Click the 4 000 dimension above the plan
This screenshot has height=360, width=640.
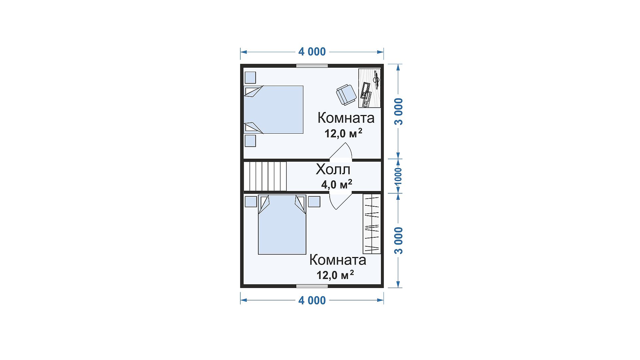tap(312, 52)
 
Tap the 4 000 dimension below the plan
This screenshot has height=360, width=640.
tap(312, 300)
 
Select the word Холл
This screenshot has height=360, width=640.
tap(333, 169)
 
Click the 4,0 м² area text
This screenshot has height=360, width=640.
tap(337, 184)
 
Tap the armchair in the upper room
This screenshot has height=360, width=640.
tap(346, 95)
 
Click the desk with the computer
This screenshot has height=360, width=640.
tap(370, 88)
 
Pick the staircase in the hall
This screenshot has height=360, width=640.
tap(265, 176)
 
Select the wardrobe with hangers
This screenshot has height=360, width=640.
tap(372, 224)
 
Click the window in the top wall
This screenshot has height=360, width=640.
tap(312, 66)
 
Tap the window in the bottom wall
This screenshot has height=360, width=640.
tap(312, 286)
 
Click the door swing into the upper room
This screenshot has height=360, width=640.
tap(341, 152)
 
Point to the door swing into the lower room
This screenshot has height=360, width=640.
tap(341, 200)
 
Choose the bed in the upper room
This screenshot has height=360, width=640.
tap(273, 110)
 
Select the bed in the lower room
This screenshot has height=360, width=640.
tap(282, 225)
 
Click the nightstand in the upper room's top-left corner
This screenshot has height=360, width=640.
tap(250, 78)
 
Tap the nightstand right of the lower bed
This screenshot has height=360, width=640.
tap(314, 202)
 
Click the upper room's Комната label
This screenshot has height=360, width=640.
tap(346, 118)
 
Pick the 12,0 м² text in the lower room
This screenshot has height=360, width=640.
tap(335, 275)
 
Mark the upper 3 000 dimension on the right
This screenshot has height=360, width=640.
tap(399, 111)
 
